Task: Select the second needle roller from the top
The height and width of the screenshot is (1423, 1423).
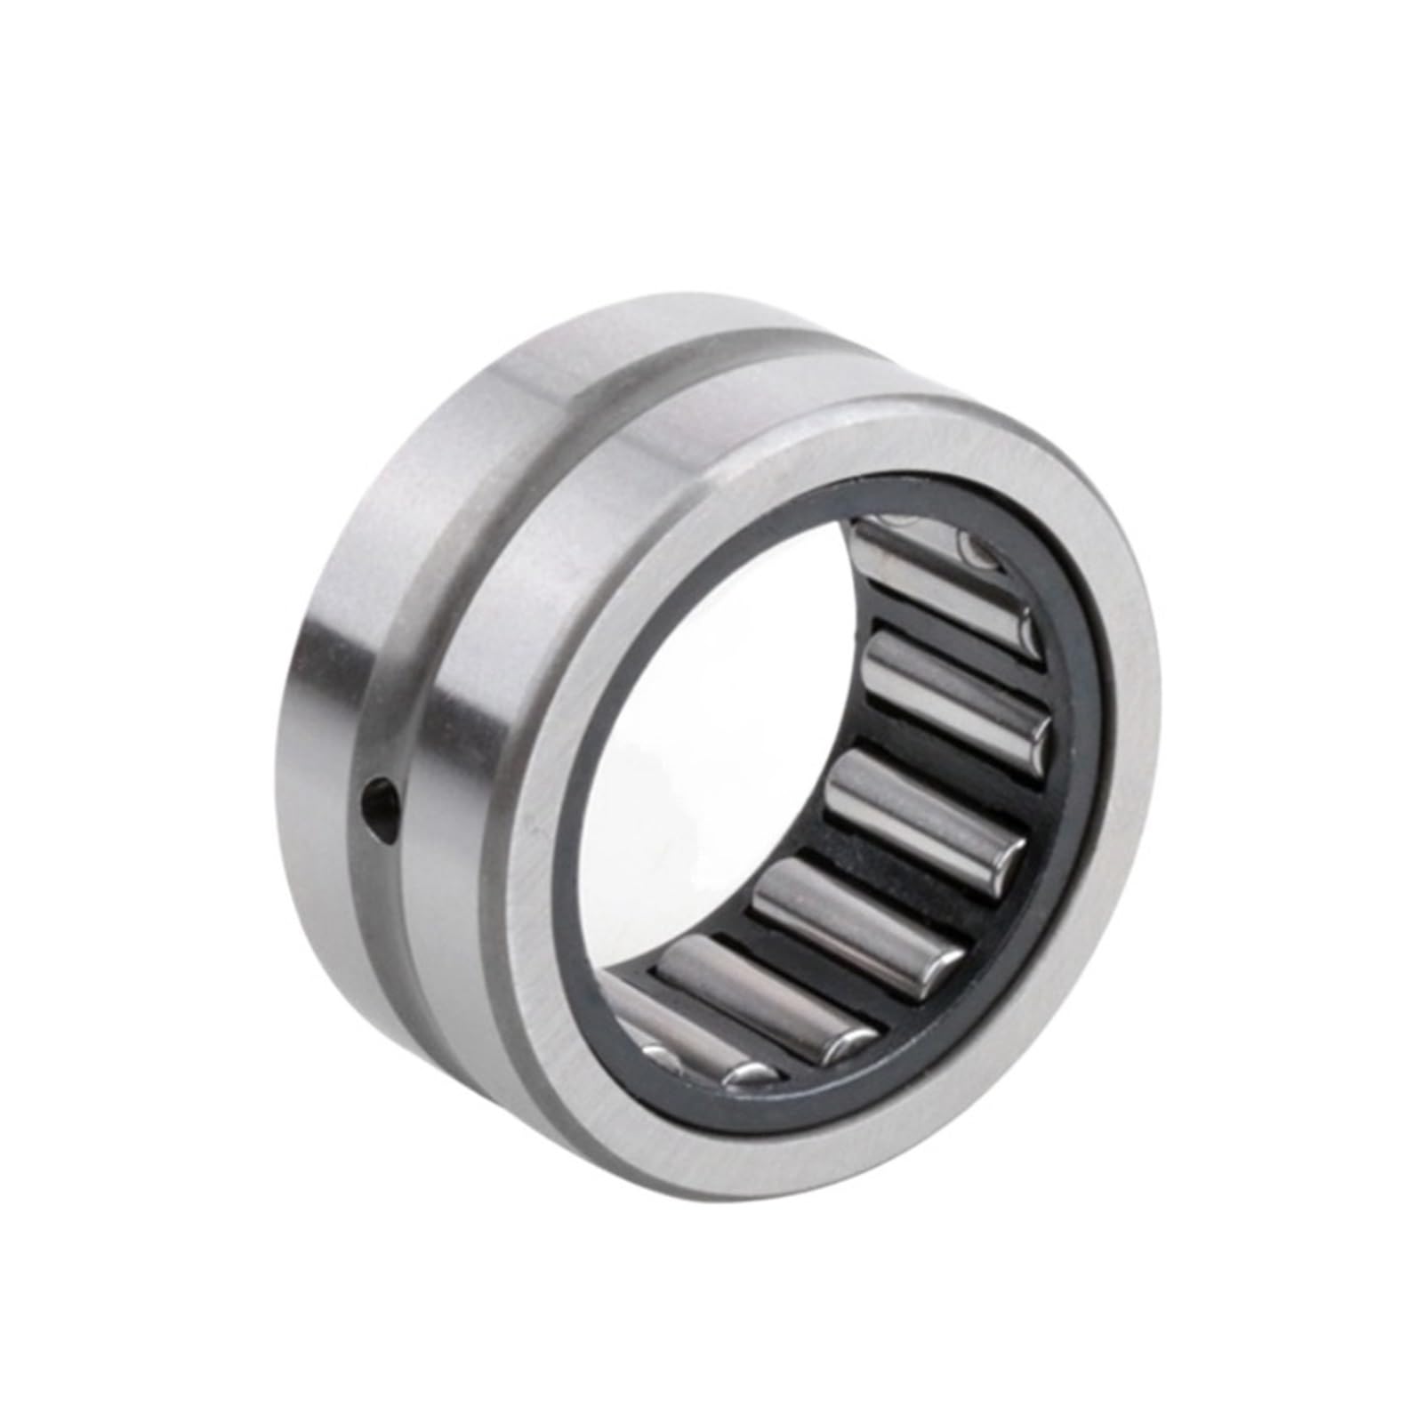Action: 952,685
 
